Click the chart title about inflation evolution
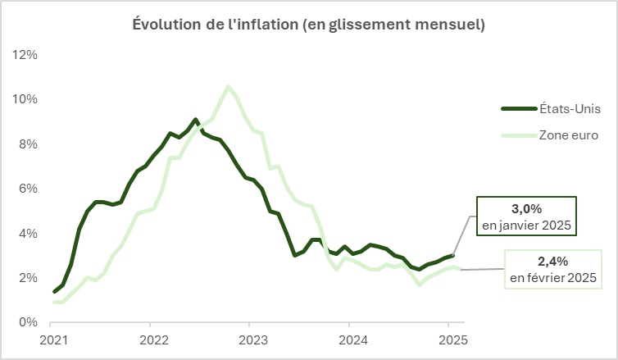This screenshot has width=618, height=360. pyautogui.click(x=309, y=25)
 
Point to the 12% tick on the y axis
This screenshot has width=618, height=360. pyautogui.click(x=25, y=55)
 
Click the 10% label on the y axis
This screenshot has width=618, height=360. pyautogui.click(x=25, y=99)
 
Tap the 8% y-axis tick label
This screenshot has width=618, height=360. pyautogui.click(x=28, y=144)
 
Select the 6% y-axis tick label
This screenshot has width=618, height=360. pyautogui.click(x=28, y=189)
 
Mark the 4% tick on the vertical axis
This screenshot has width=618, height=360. pyautogui.click(x=28, y=233)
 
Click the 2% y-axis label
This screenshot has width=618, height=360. pyautogui.click(x=28, y=278)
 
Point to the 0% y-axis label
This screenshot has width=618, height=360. pyautogui.click(x=28, y=322)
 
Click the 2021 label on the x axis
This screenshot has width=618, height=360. pyautogui.click(x=54, y=339)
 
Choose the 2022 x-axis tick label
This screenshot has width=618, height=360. pyautogui.click(x=153, y=339)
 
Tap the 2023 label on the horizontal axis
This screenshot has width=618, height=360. pyautogui.click(x=252, y=339)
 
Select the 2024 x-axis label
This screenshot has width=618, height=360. pyautogui.click(x=352, y=339)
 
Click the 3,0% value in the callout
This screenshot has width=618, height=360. pyautogui.click(x=527, y=209)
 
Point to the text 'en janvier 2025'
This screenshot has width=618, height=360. pyautogui.click(x=527, y=225)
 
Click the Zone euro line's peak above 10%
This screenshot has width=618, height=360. pyautogui.click(x=228, y=86)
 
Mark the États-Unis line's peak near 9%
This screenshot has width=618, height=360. pyautogui.click(x=195, y=119)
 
